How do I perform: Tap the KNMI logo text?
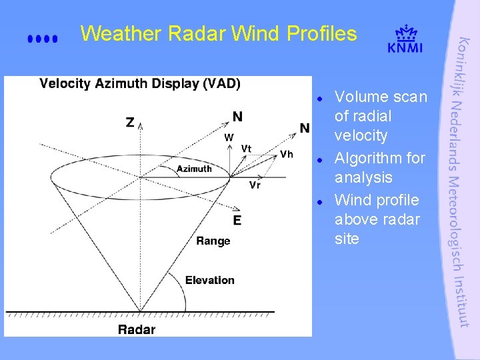click(405, 47)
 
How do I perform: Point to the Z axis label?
click(130, 123)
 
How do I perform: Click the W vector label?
click(229, 137)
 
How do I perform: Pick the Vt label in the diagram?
click(247, 148)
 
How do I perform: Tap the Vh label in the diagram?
click(287, 155)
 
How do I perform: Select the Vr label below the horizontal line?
click(255, 185)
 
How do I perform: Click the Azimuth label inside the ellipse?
click(194, 169)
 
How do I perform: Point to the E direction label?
click(237, 220)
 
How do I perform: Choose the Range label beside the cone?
click(213, 241)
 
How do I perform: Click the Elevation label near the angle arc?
click(210, 280)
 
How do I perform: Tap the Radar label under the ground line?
click(137, 329)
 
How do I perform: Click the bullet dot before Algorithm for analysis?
click(320, 160)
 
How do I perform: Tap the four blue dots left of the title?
click(43, 39)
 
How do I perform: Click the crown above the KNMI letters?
click(405, 33)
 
